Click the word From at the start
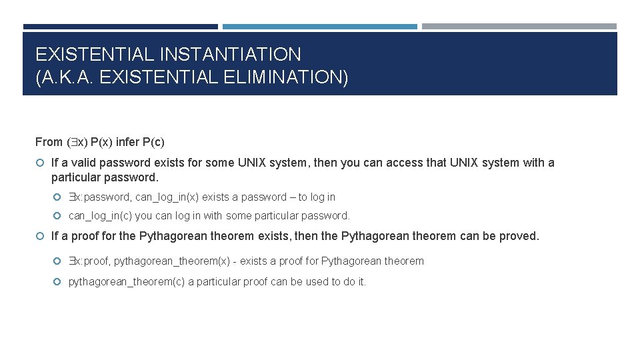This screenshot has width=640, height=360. coord(49,142)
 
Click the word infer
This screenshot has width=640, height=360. coord(127,142)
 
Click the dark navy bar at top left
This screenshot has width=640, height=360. coord(120,27)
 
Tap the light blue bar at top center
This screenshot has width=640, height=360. coord(319,27)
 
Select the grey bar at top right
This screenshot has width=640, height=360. coord(519,27)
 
